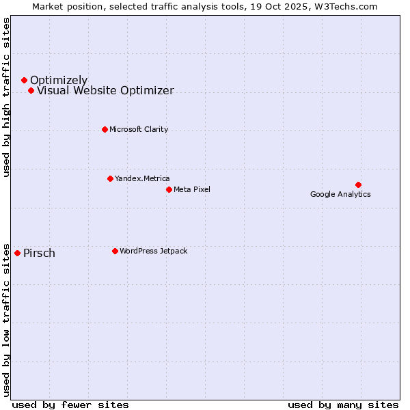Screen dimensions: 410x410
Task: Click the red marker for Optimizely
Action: [x=24, y=81]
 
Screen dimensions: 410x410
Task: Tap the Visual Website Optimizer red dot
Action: [x=31, y=91]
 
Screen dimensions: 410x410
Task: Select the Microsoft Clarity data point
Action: [x=105, y=129]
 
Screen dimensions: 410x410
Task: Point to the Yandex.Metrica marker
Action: [x=110, y=179]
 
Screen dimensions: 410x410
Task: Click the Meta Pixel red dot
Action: [x=169, y=189]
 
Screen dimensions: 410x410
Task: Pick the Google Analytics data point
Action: [x=358, y=184]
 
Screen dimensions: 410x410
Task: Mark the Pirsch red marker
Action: [x=17, y=253]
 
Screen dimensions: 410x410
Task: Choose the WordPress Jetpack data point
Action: [x=115, y=251]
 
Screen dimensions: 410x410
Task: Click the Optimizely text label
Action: [x=59, y=81]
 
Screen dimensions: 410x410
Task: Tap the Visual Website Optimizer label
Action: [x=105, y=91]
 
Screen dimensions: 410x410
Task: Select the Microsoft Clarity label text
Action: [x=139, y=129]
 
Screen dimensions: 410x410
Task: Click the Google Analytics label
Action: [x=340, y=194]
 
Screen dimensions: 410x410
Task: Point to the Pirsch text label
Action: [x=39, y=254]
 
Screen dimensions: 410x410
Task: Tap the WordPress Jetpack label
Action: [x=153, y=251]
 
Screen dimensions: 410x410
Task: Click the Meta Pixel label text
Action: [x=192, y=189]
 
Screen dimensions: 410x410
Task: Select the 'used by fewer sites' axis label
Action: [x=70, y=405]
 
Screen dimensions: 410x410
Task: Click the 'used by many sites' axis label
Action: [x=343, y=405]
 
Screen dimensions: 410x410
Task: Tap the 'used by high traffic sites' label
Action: [x=6, y=97]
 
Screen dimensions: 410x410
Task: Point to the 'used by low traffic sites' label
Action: [x=6, y=319]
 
